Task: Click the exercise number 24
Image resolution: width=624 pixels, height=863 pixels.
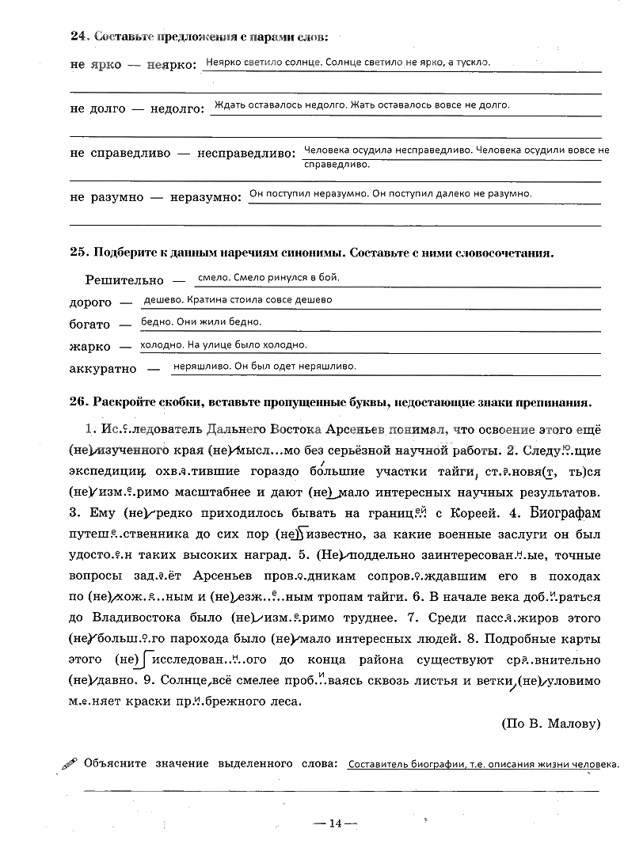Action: [78, 36]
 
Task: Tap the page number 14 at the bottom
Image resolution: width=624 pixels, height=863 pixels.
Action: [335, 823]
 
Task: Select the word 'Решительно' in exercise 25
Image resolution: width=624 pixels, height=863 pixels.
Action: [124, 280]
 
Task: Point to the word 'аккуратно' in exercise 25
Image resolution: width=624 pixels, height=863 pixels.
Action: [103, 369]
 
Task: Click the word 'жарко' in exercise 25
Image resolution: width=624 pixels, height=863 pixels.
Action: [89, 347]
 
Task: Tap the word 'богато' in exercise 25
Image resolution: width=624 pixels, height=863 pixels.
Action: [89, 325]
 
